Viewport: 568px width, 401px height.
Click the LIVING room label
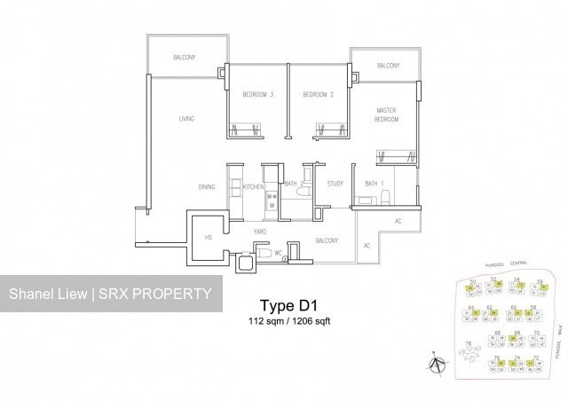(x=185, y=118)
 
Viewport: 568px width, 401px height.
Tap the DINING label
(x=208, y=187)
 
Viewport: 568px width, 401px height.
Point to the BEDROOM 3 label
(x=258, y=94)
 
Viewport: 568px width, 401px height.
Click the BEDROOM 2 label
(x=317, y=94)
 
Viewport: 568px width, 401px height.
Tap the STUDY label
(x=335, y=184)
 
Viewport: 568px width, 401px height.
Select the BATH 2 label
(x=294, y=185)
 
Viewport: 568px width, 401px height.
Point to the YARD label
(x=260, y=232)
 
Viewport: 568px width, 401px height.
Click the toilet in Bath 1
(x=384, y=195)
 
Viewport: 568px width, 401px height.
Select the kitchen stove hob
(x=272, y=209)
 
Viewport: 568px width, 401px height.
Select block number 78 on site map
(x=468, y=343)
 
